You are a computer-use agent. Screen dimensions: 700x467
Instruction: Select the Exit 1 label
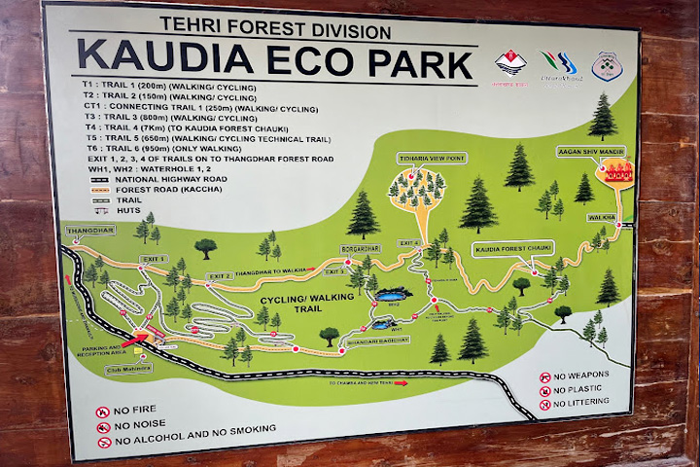(154, 258)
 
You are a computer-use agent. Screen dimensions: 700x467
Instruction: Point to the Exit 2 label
(220, 275)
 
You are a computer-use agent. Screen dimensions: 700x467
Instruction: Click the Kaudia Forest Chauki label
(513, 249)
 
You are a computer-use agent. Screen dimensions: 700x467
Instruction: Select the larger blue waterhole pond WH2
(393, 295)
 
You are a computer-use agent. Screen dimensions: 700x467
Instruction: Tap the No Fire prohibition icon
(102, 412)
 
